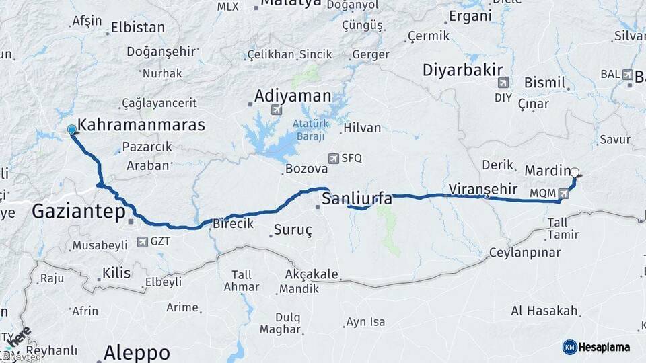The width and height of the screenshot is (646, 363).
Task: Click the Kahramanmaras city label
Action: click(141, 125)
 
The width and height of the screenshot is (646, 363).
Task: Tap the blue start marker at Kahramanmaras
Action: click(72, 130)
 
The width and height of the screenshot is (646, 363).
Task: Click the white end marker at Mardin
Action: click(574, 172)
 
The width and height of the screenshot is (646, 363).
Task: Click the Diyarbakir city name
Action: click(464, 69)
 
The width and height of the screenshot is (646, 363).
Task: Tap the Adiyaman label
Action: click(293, 95)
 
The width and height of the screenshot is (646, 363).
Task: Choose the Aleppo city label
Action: click(137, 352)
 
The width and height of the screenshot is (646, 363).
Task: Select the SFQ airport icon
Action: click(333, 159)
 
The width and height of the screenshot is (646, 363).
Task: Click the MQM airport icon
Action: click(563, 194)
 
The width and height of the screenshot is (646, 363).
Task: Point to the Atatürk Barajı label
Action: click(309, 130)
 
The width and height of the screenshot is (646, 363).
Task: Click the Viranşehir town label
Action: click(482, 188)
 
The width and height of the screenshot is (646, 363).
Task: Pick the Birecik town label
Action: click(233, 223)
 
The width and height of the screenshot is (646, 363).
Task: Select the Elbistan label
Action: click(138, 28)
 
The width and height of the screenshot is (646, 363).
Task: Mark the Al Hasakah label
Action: click(544, 311)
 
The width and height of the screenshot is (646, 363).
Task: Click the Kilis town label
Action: click(116, 273)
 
